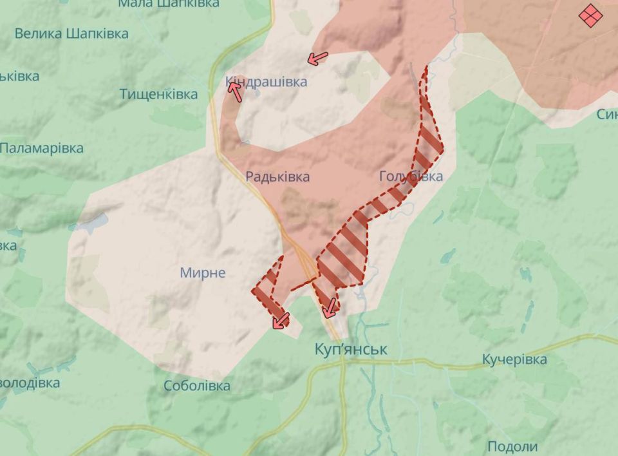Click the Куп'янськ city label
(x=351, y=349)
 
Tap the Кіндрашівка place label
(x=266, y=82)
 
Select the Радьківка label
(x=277, y=176)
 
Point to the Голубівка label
(x=411, y=176)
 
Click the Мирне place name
(x=202, y=272)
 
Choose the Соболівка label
(x=196, y=386)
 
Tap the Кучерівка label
(x=514, y=359)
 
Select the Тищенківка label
(x=158, y=95)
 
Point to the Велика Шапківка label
(x=71, y=33)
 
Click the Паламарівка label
(x=42, y=148)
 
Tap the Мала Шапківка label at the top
(x=169, y=4)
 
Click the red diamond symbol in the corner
(x=590, y=15)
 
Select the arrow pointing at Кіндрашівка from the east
(x=317, y=58)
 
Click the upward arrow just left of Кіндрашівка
(x=235, y=92)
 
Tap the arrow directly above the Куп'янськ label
(x=330, y=308)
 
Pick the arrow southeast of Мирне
(x=280, y=320)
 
